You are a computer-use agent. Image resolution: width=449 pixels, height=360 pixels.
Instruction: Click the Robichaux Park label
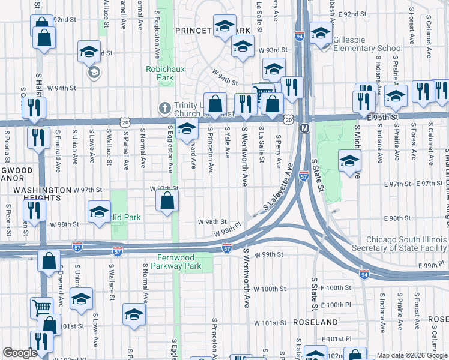pyautogui.click(x=160, y=73)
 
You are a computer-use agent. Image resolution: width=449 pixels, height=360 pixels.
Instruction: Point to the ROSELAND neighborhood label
pyautogui.click(x=316, y=322)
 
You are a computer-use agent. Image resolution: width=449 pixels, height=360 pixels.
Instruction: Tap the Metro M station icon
pyautogui.click(x=304, y=128)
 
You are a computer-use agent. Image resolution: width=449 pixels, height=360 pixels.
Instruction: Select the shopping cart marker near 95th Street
pyautogui.click(x=262, y=93)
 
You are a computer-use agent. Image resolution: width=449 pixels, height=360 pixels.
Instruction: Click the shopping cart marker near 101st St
pyautogui.click(x=41, y=307)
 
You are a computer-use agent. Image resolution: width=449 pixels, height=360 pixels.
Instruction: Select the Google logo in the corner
pyautogui.click(x=20, y=353)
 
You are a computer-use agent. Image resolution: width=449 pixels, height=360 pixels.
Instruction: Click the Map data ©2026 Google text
pyautogui.click(x=411, y=355)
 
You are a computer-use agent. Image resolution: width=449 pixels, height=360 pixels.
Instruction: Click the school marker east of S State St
pyautogui.click(x=349, y=160)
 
